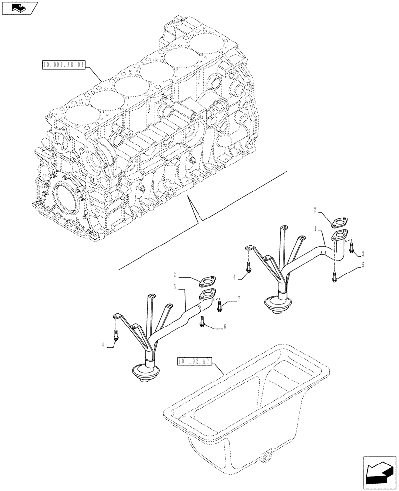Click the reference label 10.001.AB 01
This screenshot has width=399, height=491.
click(64, 64)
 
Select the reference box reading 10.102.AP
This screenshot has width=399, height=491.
click(194, 362)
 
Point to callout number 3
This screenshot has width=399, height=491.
click(362, 254)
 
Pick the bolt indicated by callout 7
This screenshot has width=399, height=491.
click(219, 307)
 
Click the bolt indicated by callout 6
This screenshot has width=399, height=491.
click(203, 322)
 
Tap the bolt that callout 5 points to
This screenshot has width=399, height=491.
click(335, 277)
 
